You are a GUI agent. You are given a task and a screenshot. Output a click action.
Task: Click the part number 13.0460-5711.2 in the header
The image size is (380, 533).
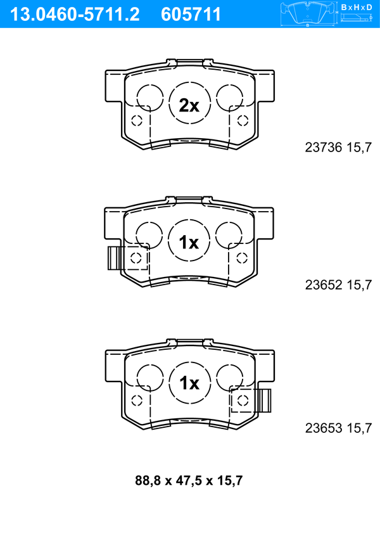[75, 15]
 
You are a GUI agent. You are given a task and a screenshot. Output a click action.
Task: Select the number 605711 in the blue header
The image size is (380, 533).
[191, 15]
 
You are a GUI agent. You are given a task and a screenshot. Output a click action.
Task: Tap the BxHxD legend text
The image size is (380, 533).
[357, 7]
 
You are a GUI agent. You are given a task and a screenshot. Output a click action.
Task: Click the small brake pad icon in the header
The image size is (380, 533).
[308, 14]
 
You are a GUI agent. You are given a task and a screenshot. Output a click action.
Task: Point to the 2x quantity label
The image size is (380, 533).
[189, 105]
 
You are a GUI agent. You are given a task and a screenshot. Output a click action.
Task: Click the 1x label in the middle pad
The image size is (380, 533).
[189, 242]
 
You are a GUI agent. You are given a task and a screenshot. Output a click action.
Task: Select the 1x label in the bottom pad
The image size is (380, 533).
[189, 383]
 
